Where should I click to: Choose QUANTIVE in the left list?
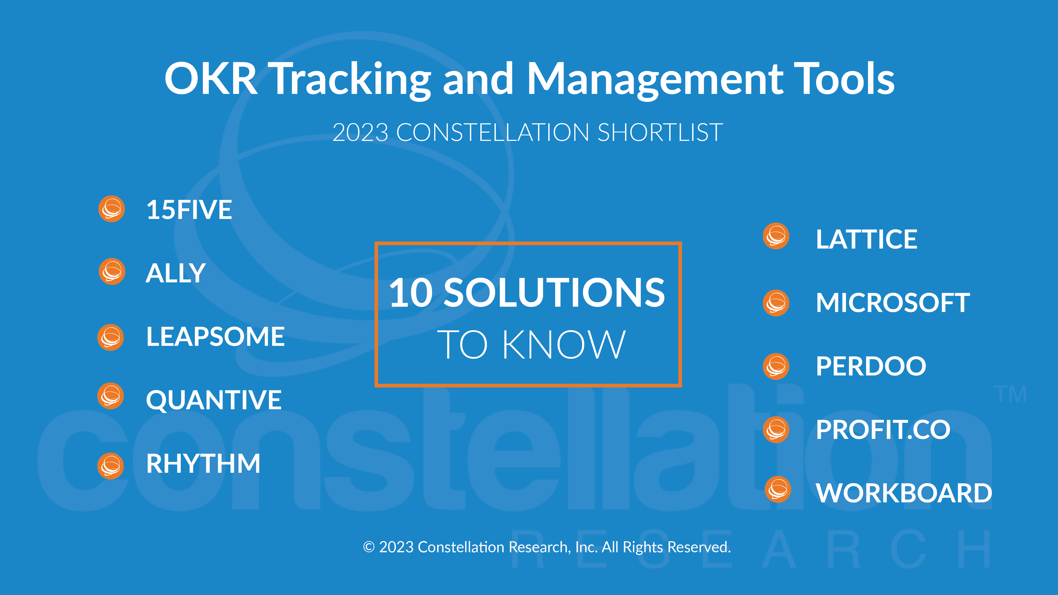point(214,400)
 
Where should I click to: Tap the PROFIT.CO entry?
point(883,430)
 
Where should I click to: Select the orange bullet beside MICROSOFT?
point(776,303)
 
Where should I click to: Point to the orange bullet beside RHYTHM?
point(110,466)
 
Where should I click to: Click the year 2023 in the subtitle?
point(360,133)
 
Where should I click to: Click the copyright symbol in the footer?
point(369,547)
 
